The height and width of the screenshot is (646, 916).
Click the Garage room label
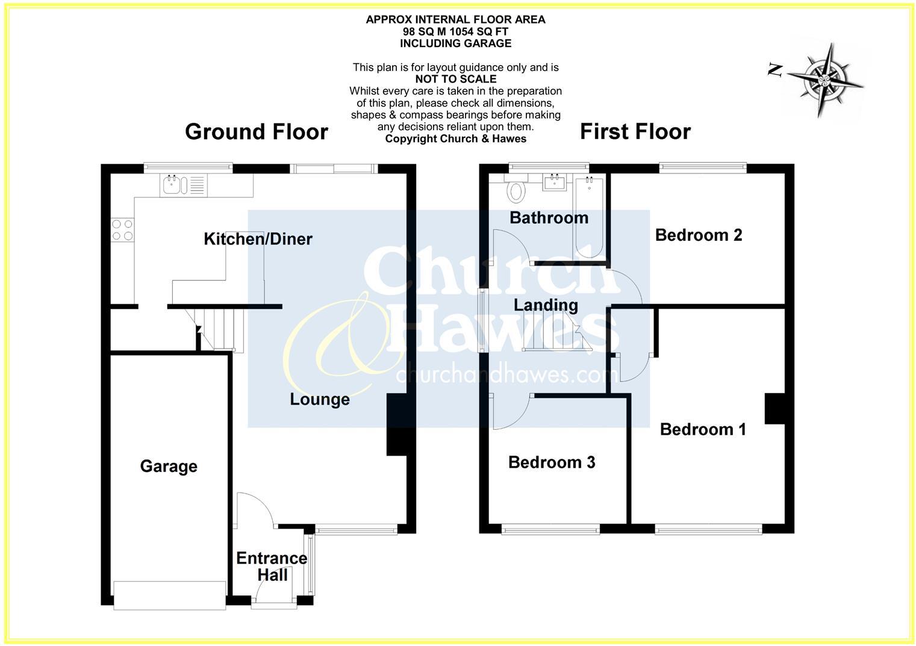click(169, 467)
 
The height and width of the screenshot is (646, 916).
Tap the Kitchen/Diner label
click(258, 239)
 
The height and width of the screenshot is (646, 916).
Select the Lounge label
click(320, 399)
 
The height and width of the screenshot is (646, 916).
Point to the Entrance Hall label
click(272, 567)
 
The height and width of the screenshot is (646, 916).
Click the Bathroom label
click(549, 217)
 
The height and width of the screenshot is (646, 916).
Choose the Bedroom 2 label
click(699, 235)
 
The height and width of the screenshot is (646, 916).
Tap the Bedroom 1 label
click(703, 429)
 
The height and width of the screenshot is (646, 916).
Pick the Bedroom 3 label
click(552, 462)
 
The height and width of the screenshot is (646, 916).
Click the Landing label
click(546, 305)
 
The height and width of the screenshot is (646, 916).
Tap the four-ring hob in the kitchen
click(122, 229)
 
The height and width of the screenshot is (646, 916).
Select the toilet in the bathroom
click(516, 190)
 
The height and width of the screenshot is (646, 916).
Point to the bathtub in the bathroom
click(590, 217)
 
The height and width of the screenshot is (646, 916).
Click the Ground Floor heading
click(257, 132)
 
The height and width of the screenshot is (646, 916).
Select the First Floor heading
click(635, 132)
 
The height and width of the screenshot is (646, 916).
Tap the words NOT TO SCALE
click(456, 79)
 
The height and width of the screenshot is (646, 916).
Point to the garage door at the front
click(169, 595)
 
